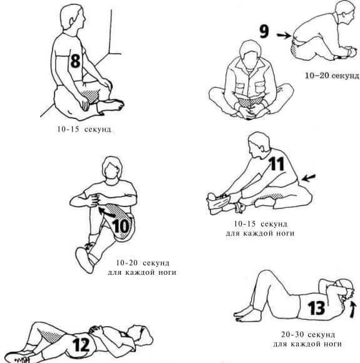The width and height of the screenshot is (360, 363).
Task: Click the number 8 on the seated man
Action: pos(76,61)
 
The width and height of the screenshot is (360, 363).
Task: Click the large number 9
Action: pos(264,31)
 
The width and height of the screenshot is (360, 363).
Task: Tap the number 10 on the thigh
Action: pos(121,226)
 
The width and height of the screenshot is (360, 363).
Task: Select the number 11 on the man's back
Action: pos(277,164)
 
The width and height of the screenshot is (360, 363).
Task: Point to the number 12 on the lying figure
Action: pos(81,345)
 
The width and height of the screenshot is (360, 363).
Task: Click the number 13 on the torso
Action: pos(316,308)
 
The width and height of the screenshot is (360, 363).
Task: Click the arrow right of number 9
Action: pos(284,36)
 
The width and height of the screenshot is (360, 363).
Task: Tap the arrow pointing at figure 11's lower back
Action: pos(309,178)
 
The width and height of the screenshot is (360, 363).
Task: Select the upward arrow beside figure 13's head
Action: pos(352,310)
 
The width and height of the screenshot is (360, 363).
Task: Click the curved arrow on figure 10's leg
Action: pos(106,213)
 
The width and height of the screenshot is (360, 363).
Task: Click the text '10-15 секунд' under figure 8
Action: pos(85,129)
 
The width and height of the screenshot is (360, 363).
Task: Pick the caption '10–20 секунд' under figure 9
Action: pos(332,76)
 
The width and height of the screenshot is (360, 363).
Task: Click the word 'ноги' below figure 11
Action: pos(285,233)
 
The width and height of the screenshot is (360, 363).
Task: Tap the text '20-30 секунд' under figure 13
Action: pos(308,335)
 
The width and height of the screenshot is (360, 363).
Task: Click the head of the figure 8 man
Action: pos(73,17)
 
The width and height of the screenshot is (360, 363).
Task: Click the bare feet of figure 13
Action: pos(244,314)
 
